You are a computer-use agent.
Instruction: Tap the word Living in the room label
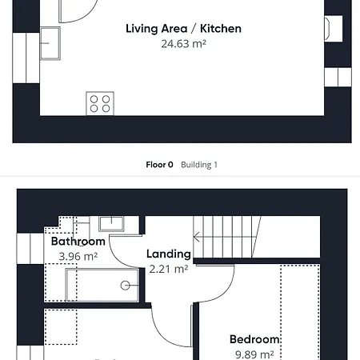(x=141, y=29)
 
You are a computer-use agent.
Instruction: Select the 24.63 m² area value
(x=184, y=44)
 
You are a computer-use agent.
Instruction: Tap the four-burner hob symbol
(x=99, y=103)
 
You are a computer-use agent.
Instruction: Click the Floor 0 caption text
(x=159, y=165)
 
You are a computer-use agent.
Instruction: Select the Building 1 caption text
(x=199, y=165)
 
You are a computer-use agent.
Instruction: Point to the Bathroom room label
(x=78, y=241)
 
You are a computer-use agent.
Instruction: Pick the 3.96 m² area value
(x=78, y=256)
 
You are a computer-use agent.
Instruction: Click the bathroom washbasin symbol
(x=110, y=223)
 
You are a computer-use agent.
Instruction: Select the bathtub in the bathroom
(x=96, y=284)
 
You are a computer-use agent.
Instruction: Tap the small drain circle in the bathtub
(x=126, y=285)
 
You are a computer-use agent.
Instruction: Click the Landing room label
(x=169, y=254)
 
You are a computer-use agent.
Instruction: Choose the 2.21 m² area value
(x=169, y=269)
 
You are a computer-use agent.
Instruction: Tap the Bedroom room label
(x=254, y=339)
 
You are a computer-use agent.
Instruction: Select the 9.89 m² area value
(x=254, y=354)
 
